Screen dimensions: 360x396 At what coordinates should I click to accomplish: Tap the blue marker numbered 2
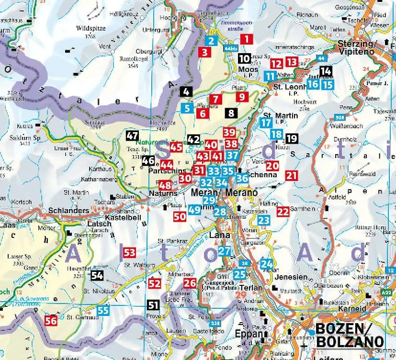point(211,41)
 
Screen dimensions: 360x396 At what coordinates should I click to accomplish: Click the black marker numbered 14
point(326,71)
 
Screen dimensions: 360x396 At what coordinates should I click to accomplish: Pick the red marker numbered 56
point(51,320)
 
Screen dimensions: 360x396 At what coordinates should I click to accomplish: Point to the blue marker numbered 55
point(103,310)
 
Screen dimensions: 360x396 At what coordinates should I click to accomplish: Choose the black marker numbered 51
point(153,305)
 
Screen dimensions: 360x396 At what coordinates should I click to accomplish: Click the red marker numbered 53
point(129,252)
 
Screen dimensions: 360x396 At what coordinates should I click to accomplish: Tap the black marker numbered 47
point(132,135)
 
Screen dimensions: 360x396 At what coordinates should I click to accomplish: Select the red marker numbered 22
point(283,210)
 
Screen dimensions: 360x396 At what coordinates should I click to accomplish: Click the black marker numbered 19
point(291,139)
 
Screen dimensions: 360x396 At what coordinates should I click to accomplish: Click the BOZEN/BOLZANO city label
point(349,335)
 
